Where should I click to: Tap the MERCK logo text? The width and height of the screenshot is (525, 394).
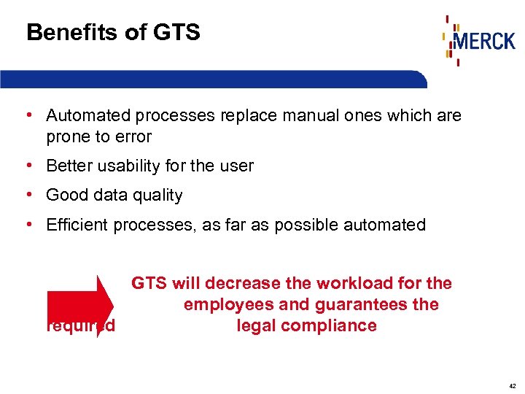pyautogui.click(x=484, y=40)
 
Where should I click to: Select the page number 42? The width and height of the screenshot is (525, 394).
pyautogui.click(x=513, y=385)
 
